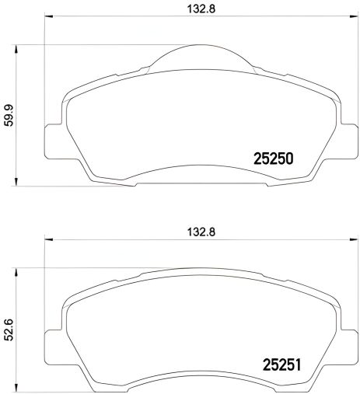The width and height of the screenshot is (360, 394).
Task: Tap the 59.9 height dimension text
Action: tap(9, 115)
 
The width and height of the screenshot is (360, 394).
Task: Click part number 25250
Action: tap(273, 159)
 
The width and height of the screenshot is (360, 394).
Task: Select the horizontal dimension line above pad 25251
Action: tap(117, 239)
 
